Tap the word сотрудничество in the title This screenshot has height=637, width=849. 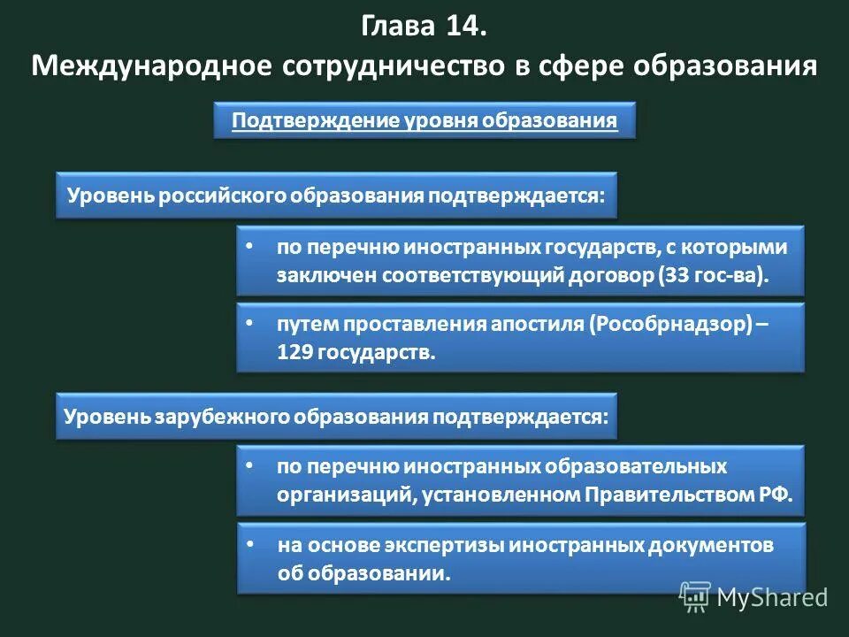[389, 66]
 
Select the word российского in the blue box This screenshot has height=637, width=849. [222, 195]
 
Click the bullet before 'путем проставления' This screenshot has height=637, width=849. [249, 323]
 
